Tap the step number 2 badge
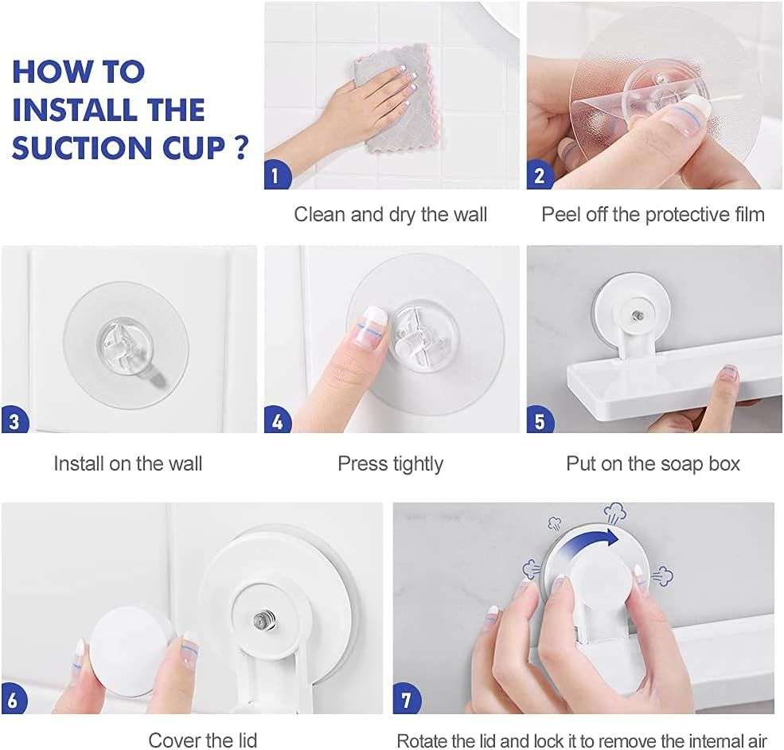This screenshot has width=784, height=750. click(539, 174)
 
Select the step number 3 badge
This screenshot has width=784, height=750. click(14, 420)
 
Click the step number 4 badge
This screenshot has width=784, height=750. click(276, 420)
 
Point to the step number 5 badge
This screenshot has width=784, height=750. click(539, 420)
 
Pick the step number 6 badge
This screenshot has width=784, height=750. click(14, 701)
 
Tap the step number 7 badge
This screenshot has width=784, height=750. click(407, 701)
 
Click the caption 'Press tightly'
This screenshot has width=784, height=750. click(390, 463)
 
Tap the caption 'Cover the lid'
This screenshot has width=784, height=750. click(202, 740)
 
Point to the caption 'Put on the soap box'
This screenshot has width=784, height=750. click(653, 463)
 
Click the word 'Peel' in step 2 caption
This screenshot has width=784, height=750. click(559, 214)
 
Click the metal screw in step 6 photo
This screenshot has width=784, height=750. click(259, 618)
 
